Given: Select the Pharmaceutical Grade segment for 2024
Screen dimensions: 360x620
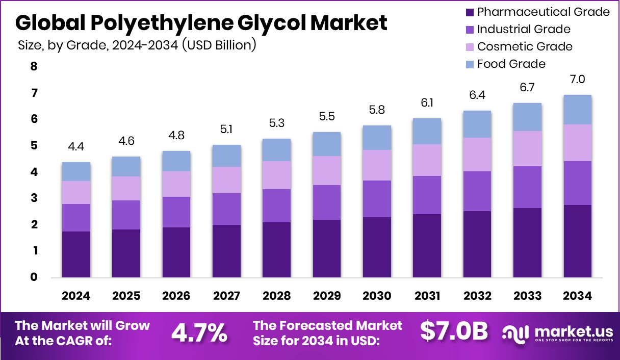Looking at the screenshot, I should pyautogui.click(x=76, y=254).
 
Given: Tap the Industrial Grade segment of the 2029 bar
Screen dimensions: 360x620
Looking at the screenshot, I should pyautogui.click(x=326, y=202).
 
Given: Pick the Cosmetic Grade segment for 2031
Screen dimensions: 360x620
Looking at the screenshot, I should pyautogui.click(x=427, y=160).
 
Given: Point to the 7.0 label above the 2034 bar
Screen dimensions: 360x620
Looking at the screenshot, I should pyautogui.click(x=577, y=80).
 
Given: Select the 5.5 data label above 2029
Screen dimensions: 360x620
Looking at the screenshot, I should pyautogui.click(x=326, y=117).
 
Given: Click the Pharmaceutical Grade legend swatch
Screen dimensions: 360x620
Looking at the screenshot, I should pyautogui.click(x=470, y=12).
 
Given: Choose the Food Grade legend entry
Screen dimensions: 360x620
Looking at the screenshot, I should pyautogui.click(x=511, y=64).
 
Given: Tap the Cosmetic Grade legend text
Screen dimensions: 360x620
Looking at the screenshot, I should pyautogui.click(x=525, y=46).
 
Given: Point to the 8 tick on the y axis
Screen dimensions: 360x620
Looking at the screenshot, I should pyautogui.click(x=34, y=67).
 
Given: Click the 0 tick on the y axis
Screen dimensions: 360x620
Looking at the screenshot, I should pyautogui.click(x=34, y=277).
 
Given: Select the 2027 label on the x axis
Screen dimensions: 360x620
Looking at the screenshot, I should pyautogui.click(x=226, y=296).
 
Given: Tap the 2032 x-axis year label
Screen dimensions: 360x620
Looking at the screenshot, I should pyautogui.click(x=477, y=296).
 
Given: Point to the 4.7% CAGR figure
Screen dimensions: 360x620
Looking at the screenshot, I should pyautogui.click(x=199, y=332).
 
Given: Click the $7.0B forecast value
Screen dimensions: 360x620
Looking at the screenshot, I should pyautogui.click(x=454, y=331).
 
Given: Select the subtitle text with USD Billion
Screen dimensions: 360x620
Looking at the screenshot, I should pyautogui.click(x=137, y=45).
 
